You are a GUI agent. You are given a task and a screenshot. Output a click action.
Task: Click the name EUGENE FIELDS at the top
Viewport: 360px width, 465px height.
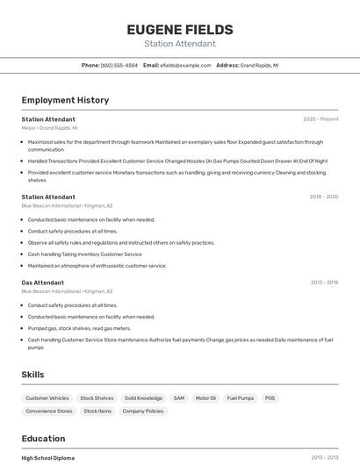[179, 29]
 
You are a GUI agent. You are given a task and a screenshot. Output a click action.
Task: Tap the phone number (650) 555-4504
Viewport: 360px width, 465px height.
[119, 65]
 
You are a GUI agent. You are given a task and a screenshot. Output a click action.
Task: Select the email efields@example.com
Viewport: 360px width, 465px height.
[185, 65]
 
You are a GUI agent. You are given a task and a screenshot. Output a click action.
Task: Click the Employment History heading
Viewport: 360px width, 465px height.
[65, 100]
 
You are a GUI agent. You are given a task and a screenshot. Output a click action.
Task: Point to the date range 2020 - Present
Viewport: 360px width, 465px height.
[320, 119]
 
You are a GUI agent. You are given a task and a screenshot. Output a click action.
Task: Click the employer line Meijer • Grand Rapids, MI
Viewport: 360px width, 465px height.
[49, 128]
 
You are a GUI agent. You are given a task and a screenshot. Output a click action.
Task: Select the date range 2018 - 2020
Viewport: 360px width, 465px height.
[323, 197]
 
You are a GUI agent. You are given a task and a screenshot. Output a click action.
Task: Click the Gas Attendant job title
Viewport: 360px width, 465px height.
[43, 283]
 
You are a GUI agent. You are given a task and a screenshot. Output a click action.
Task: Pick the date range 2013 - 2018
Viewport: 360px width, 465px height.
[324, 283]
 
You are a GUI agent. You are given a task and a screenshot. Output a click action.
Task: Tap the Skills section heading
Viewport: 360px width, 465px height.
[33, 375]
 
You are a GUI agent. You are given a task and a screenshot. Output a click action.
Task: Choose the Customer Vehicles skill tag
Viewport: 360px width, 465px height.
[47, 398]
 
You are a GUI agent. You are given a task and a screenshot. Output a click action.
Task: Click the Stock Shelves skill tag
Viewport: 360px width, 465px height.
[97, 398]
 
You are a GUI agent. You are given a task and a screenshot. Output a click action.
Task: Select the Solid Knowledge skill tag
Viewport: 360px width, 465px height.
[143, 398]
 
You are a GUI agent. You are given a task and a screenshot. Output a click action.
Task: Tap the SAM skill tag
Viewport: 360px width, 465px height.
[179, 398]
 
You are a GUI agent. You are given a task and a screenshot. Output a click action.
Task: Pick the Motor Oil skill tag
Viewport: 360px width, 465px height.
[205, 398]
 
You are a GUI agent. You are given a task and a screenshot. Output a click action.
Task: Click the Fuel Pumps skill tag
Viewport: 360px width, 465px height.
[240, 398]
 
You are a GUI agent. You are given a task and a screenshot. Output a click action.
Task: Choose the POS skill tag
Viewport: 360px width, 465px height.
[270, 398]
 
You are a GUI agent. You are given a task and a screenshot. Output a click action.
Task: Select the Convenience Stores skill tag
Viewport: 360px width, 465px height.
[49, 411]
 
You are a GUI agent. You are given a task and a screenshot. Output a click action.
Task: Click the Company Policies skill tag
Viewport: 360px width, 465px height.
[143, 411]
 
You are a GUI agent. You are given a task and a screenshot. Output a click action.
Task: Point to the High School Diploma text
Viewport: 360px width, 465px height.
[48, 458]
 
